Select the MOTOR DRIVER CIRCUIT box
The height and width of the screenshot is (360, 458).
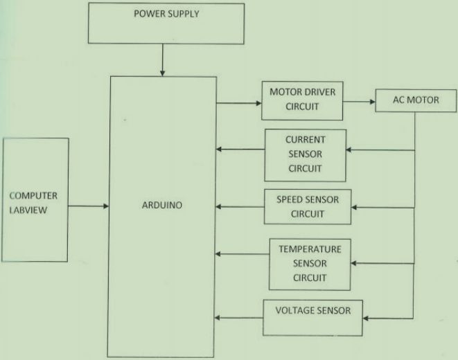[x=302, y=100]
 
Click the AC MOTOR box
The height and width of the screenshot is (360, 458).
[x=416, y=101]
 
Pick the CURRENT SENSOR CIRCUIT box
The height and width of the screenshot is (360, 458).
[x=305, y=154]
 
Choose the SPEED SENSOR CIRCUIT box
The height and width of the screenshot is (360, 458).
[x=308, y=206]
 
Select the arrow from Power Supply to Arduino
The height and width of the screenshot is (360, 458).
[x=161, y=61]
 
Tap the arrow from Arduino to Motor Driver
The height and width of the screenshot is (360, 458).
[x=239, y=104]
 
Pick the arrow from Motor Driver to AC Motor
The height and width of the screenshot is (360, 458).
[x=358, y=101]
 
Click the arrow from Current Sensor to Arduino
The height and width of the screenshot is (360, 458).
[x=240, y=149]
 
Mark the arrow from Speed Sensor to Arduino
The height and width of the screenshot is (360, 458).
[x=240, y=206]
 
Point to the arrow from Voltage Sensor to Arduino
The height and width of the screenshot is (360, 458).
[x=240, y=318]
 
